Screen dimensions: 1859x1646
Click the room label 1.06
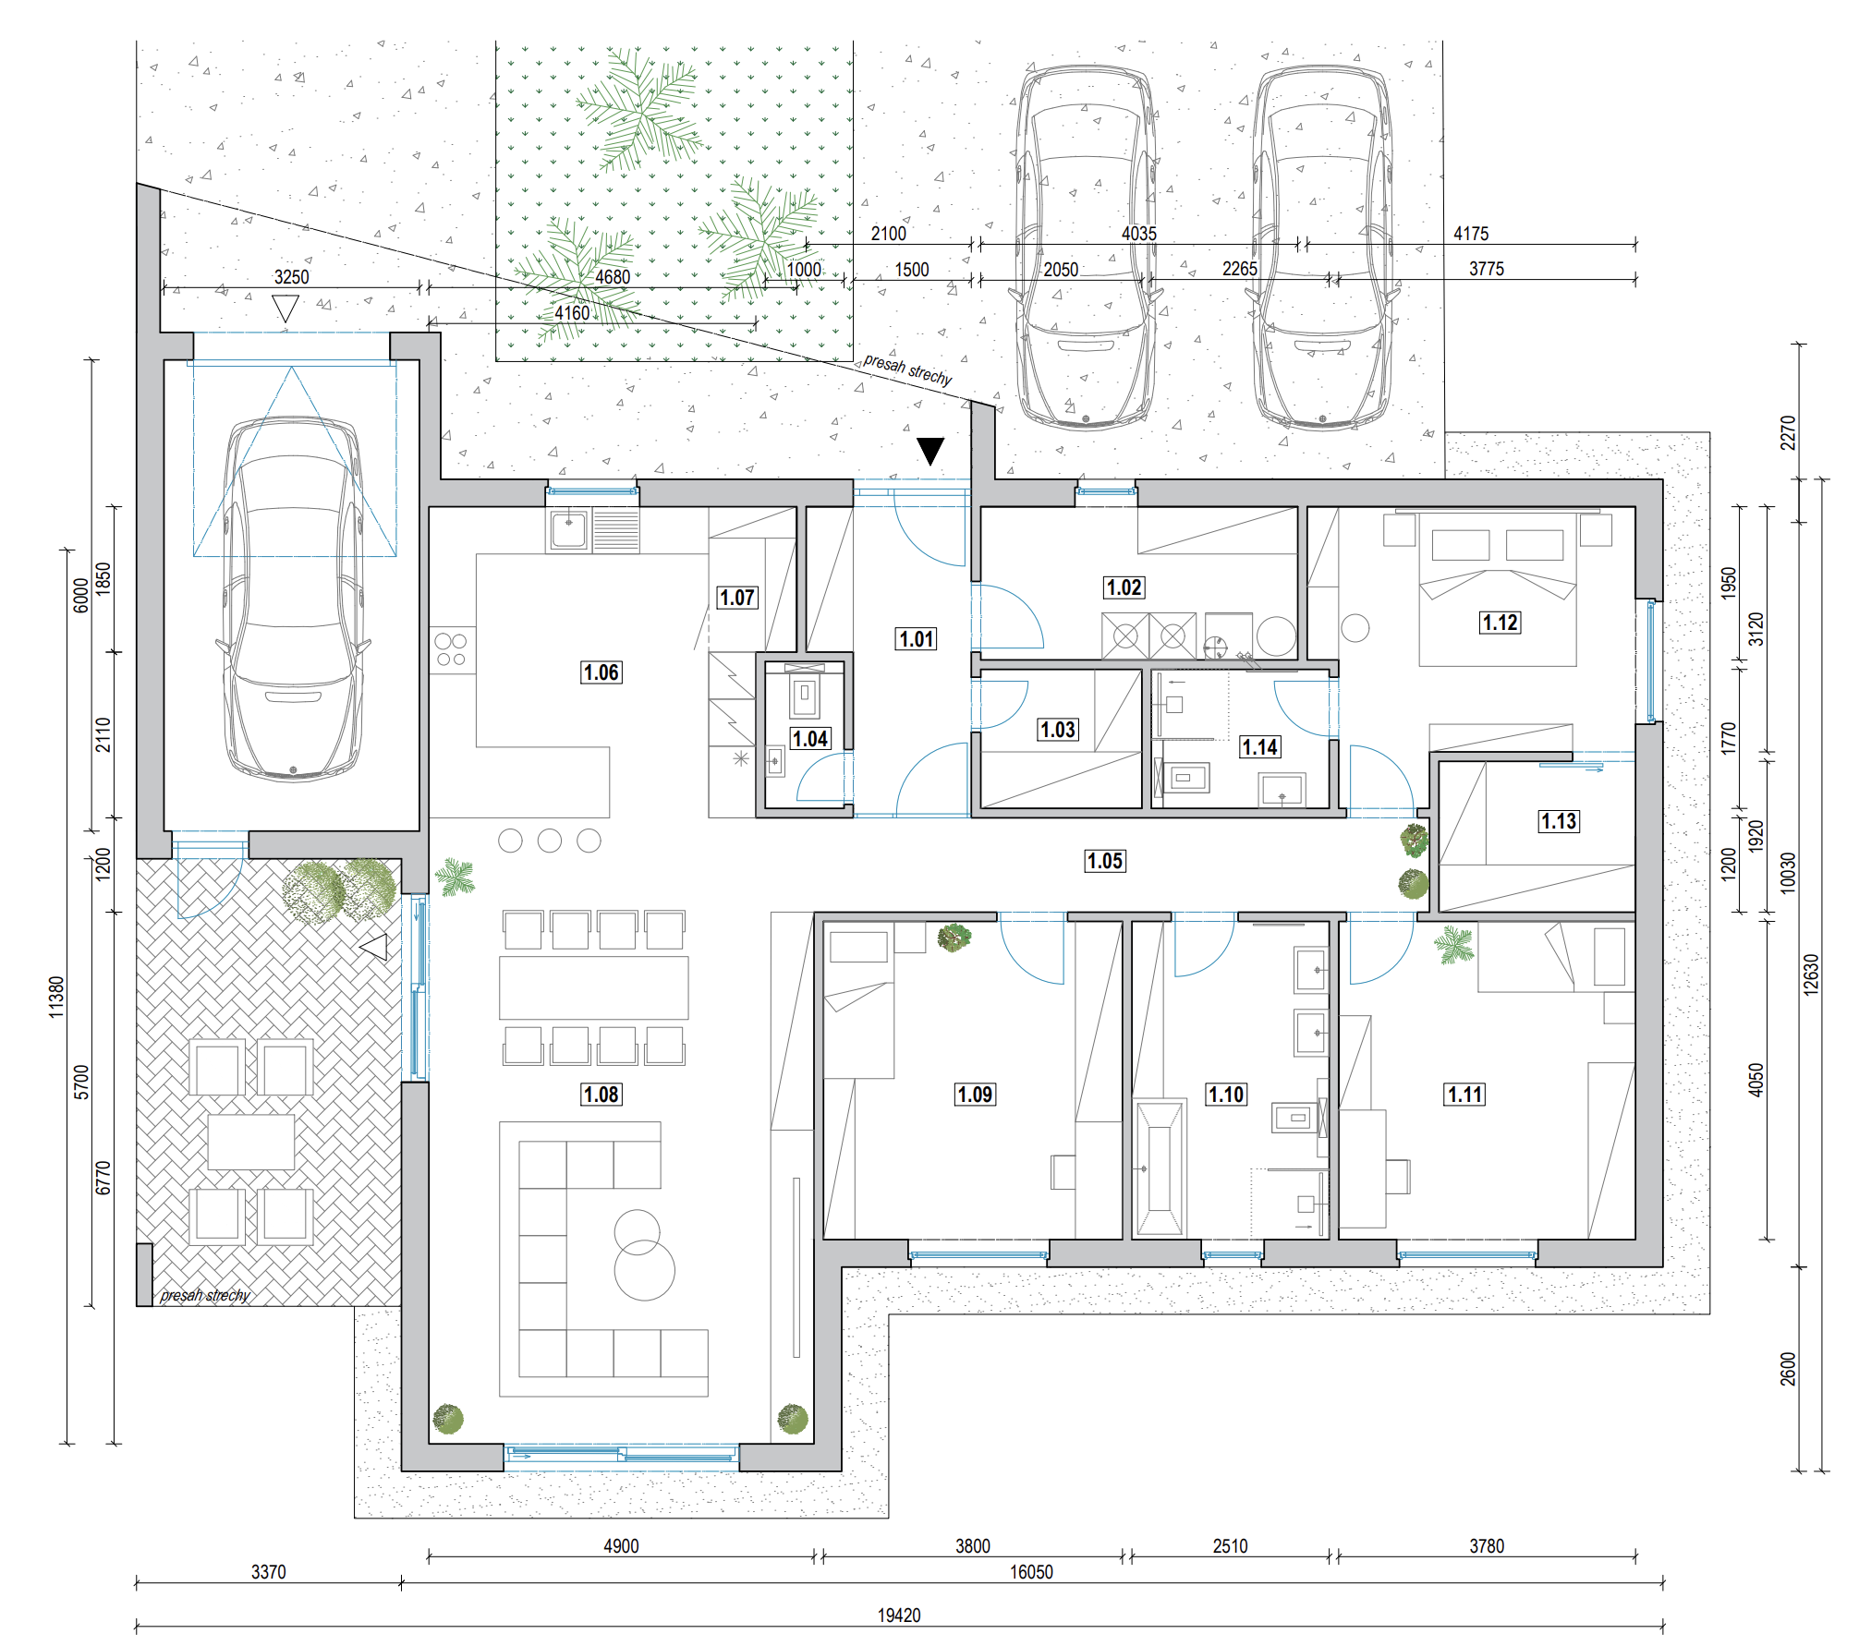click(x=601, y=672)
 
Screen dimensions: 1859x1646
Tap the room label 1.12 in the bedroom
click(x=1500, y=623)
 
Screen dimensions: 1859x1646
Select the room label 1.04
click(x=810, y=739)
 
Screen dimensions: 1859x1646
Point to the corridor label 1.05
click(x=1105, y=861)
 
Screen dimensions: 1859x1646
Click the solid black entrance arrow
click(x=930, y=450)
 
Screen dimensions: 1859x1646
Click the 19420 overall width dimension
click(x=899, y=1616)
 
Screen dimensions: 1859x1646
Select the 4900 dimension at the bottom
click(x=621, y=1546)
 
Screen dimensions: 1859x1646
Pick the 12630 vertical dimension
click(x=1811, y=974)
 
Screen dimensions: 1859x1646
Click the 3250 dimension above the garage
click(x=291, y=277)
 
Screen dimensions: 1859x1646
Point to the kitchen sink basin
click(x=569, y=530)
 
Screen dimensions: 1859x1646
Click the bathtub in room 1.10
click(x=1160, y=1168)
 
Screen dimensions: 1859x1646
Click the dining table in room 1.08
click(x=594, y=987)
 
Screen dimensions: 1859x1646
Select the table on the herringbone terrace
click(x=251, y=1142)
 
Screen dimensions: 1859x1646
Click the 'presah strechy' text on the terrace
click(x=204, y=1295)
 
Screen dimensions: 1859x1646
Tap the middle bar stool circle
click(x=550, y=841)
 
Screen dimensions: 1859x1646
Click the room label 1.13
click(x=1559, y=821)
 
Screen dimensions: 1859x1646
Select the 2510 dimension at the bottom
click(x=1230, y=1546)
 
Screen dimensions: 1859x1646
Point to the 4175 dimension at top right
click(x=1471, y=234)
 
